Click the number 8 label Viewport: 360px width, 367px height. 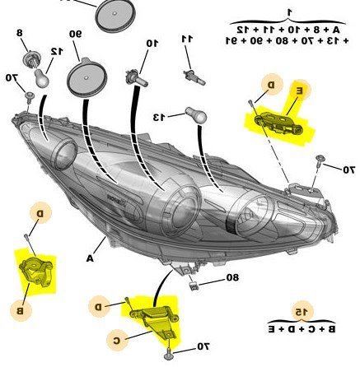coord(20,33)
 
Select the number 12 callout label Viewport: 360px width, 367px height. coord(57,51)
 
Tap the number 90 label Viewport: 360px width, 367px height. coord(75,34)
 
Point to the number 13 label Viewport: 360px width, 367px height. coord(159,117)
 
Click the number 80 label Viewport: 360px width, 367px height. coord(232,277)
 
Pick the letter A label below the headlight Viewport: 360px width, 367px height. coord(90,258)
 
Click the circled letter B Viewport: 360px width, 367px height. coord(21,311)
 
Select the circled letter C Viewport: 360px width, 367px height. coord(117,341)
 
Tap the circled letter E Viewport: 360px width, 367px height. coord(300,91)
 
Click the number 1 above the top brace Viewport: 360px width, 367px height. coord(288,12)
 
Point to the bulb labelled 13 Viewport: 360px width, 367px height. coord(196,114)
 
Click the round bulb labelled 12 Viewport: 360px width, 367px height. coord(41,77)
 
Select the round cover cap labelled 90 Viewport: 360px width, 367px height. coord(86,77)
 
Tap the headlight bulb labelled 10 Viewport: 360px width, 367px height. coord(137,78)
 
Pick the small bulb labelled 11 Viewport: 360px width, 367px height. coord(194,77)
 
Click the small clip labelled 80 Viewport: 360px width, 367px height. coord(194,286)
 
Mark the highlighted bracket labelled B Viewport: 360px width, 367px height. coord(36,273)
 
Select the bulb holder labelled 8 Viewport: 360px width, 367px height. coord(30,59)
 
